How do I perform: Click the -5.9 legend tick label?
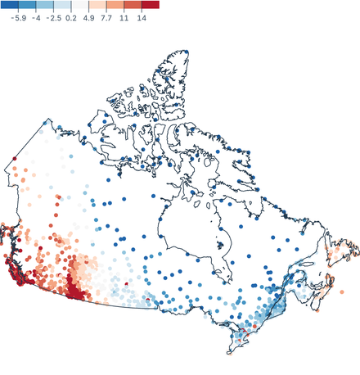coord(17,16)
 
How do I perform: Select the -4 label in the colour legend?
coord(35,16)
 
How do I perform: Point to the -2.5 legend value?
coord(53,16)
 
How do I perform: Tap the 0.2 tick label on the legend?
coord(71,16)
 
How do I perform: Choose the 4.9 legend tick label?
coord(89,16)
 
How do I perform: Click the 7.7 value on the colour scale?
coord(106,16)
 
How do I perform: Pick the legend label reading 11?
coord(124,16)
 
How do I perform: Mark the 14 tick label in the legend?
coord(142,16)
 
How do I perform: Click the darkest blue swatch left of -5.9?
coord(8,5)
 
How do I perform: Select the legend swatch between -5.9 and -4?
coord(26,5)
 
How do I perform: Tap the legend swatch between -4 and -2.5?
coord(44,5)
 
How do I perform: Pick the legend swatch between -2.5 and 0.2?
coord(62,5)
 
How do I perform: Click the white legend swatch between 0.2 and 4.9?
coord(80,5)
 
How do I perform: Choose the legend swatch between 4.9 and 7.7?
coord(98,5)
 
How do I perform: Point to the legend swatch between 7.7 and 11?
coord(115,5)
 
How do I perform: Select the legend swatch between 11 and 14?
coord(133,5)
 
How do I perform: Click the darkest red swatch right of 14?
coord(151,5)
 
